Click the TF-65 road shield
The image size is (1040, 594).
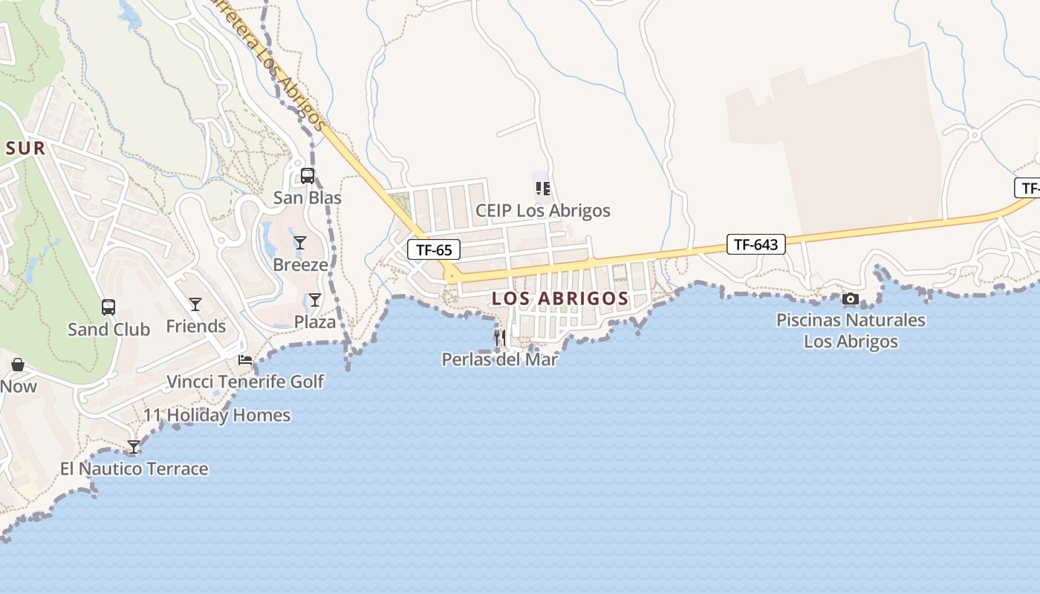tap(434, 249)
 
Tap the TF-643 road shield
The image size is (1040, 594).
tap(755, 244)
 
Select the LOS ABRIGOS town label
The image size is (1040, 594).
tap(560, 298)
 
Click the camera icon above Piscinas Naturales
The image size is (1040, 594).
tap(851, 299)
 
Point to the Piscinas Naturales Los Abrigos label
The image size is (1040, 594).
tap(851, 331)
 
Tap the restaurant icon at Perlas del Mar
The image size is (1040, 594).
tap(500, 338)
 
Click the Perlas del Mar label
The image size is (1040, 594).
tap(499, 359)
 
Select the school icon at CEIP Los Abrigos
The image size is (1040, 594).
tap(542, 189)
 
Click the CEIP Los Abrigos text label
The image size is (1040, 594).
tap(542, 211)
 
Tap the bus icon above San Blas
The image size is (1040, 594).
tap(307, 176)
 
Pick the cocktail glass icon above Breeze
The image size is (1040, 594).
tap(300, 243)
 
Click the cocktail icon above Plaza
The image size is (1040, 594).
tap(315, 300)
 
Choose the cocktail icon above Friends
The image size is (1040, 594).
tap(195, 304)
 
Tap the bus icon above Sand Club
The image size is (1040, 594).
tap(108, 307)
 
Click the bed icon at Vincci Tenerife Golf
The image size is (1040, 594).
tap(245, 360)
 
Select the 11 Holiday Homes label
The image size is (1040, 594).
tap(217, 415)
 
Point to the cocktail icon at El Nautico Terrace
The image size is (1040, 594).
tap(134, 447)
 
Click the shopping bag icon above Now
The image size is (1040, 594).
tap(18, 365)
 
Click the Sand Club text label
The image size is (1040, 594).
tap(108, 330)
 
